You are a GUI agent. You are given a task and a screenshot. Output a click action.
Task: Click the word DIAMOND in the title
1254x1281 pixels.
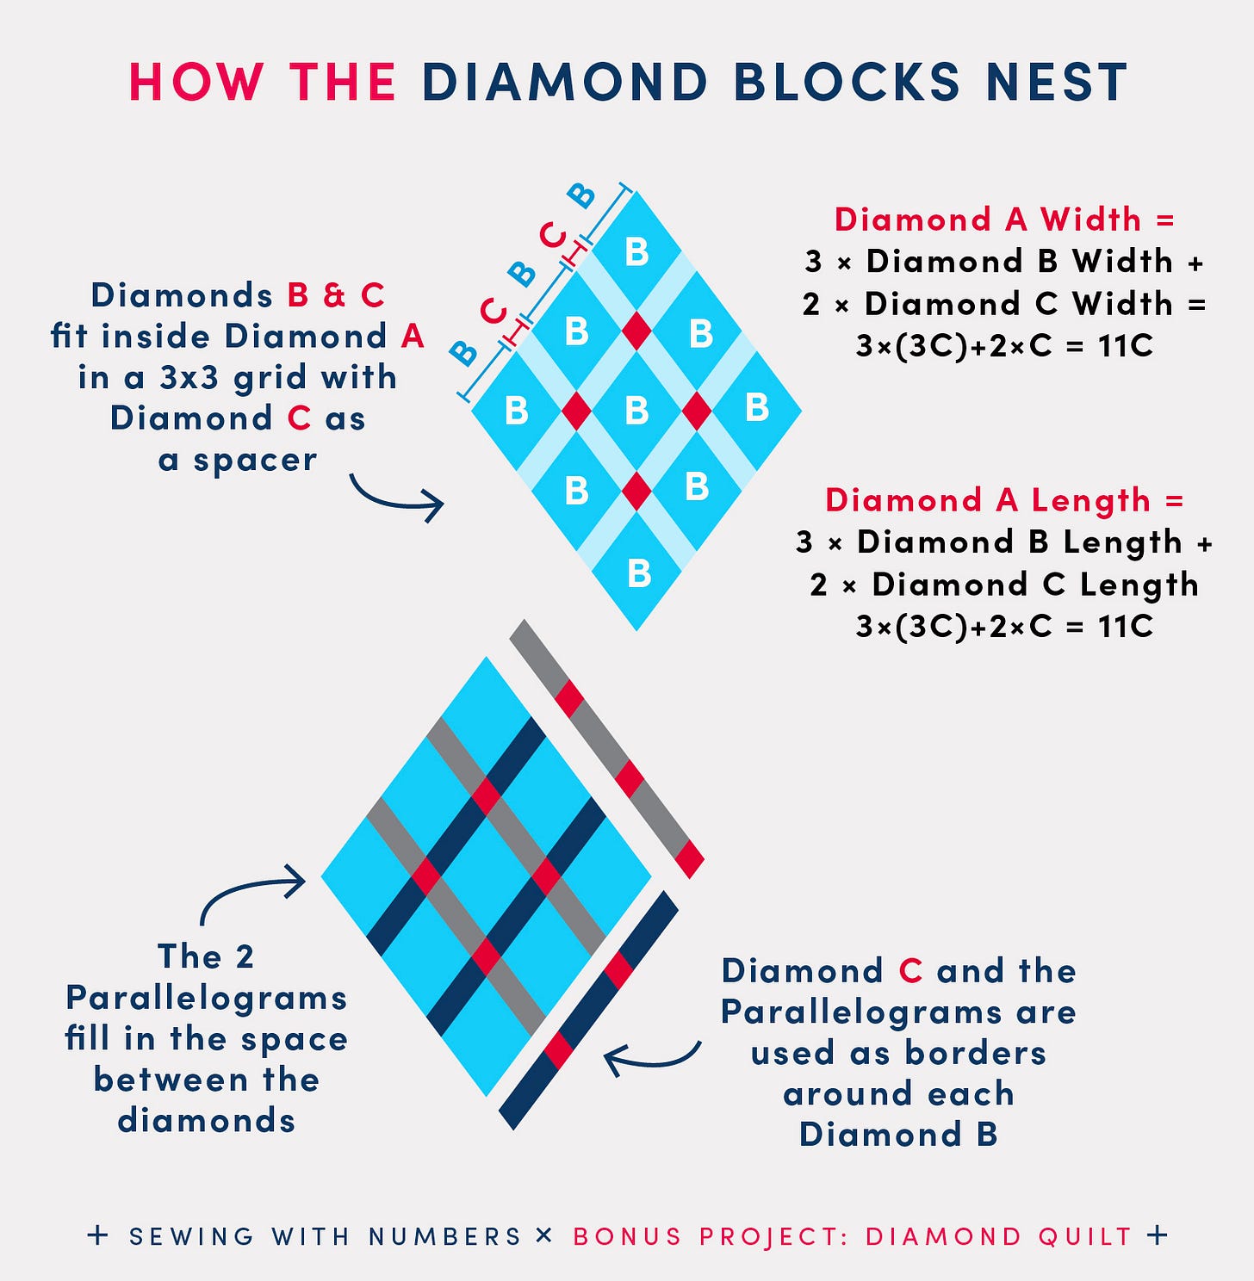click(564, 83)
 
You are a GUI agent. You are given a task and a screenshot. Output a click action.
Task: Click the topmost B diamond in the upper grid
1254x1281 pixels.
click(636, 251)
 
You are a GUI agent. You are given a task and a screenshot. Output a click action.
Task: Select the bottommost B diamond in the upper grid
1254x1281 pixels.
click(637, 573)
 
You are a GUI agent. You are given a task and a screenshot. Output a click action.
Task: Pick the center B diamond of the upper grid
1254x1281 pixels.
click(636, 411)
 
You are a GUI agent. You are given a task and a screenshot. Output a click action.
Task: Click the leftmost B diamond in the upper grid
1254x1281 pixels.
click(516, 411)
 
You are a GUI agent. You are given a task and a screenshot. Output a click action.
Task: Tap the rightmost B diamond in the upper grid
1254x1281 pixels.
click(756, 407)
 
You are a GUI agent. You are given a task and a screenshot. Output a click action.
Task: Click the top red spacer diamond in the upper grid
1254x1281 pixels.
click(636, 331)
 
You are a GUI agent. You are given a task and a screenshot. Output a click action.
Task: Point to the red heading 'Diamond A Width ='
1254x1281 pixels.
click(1004, 220)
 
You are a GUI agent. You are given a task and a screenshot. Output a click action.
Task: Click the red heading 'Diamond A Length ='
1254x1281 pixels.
click(1004, 500)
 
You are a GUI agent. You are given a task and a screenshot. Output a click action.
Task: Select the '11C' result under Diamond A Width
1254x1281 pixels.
click(1125, 346)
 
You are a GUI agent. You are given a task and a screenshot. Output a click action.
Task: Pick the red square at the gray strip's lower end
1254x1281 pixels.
click(689, 858)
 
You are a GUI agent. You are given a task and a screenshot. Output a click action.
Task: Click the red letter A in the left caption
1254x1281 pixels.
click(413, 337)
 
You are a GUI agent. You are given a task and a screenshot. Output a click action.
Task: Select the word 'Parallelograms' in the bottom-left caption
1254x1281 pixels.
click(207, 998)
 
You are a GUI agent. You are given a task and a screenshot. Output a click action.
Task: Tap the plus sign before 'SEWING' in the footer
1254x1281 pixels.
click(98, 1235)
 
